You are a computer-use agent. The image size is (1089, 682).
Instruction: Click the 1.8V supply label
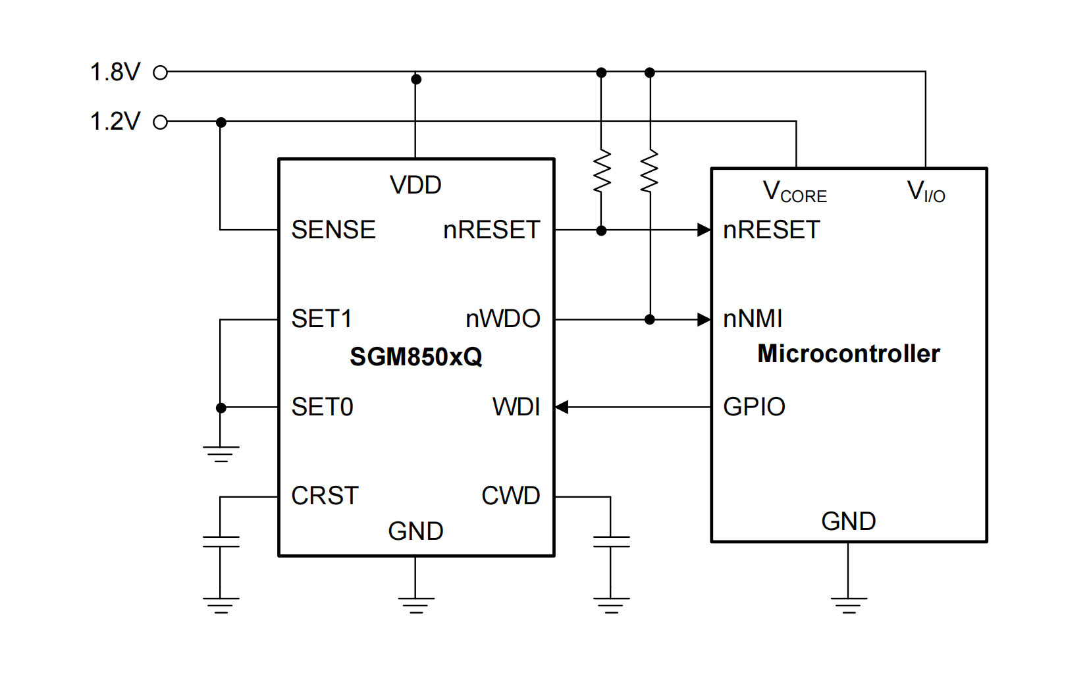(115, 72)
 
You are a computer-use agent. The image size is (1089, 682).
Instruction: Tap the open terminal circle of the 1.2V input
(160, 122)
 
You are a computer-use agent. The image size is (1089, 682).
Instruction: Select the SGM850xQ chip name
(415, 357)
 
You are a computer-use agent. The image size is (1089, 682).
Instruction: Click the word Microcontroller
(848, 354)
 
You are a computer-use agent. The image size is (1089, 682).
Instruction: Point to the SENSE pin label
(333, 230)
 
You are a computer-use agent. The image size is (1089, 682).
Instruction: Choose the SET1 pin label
(321, 319)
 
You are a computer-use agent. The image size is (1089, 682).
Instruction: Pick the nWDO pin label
(502, 319)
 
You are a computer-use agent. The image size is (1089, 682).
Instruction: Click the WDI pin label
(516, 407)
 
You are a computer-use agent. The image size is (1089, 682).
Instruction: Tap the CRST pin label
(325, 496)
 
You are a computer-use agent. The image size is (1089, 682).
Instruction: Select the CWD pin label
(510, 496)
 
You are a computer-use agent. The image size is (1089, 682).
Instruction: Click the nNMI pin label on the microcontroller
(753, 319)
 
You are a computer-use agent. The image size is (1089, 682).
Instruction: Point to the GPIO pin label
(754, 407)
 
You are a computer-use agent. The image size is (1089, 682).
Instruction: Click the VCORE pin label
(795, 192)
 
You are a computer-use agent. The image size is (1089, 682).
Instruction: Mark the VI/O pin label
(926, 192)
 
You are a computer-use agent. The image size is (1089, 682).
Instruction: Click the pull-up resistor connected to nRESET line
(601, 171)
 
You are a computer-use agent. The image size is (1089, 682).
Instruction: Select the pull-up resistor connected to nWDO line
(650, 171)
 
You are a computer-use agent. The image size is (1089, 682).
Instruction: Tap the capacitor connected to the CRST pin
(221, 541)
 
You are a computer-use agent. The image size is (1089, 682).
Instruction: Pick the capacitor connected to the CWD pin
(611, 541)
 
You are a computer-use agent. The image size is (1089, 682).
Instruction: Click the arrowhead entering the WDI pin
(562, 407)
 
